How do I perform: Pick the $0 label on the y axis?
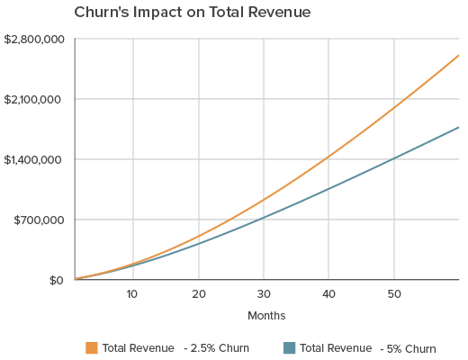(56, 280)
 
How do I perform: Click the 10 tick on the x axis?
(132, 295)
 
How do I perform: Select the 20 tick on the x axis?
(198, 295)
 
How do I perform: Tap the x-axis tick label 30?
(263, 295)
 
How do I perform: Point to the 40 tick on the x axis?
(328, 295)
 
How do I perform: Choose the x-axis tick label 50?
(393, 295)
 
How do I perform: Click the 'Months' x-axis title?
(266, 316)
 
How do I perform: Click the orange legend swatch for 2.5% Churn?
(91, 347)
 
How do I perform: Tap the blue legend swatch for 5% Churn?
(289, 347)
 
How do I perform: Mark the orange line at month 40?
(328, 157)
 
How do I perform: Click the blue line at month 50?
(393, 158)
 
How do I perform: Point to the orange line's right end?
(459, 56)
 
